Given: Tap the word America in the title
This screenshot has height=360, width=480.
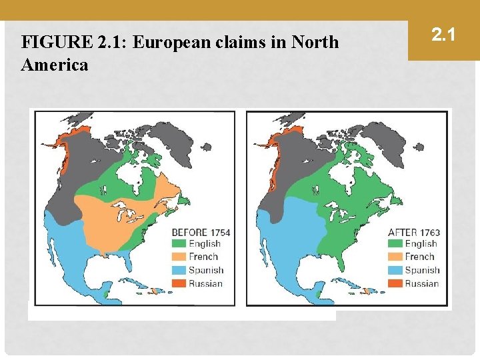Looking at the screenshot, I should click(55, 65).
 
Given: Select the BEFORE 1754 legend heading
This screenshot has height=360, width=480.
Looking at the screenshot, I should click(201, 232).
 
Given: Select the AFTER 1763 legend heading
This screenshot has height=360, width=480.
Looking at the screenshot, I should click(414, 233).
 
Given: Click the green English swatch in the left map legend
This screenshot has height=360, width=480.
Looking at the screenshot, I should click(179, 244).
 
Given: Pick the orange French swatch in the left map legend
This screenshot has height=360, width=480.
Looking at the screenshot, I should click(179, 257).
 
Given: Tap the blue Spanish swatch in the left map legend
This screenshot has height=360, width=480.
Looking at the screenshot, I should click(179, 270).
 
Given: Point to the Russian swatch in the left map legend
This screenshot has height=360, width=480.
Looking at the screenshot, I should click(179, 283).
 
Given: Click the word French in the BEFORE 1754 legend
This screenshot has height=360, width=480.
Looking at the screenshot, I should click(203, 257).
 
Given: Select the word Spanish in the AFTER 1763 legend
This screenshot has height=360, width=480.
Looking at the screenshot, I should click(422, 270).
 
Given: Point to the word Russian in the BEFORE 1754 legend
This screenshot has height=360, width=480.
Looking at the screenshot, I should click(205, 283).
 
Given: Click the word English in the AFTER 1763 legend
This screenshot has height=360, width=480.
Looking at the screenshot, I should click(421, 244).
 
